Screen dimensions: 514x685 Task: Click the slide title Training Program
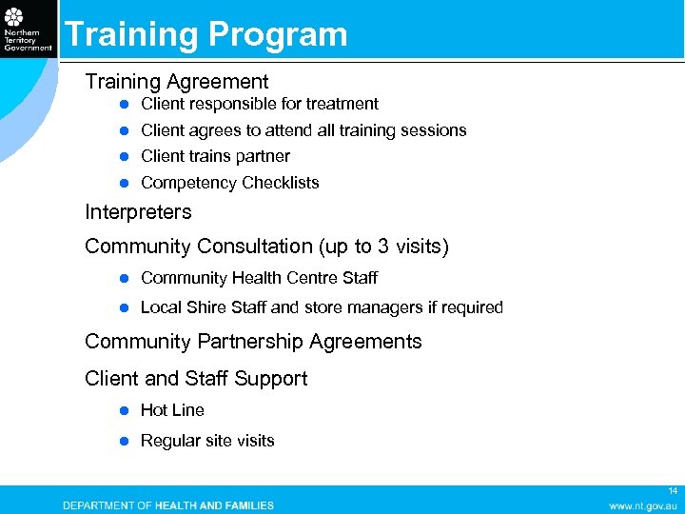[x=205, y=34]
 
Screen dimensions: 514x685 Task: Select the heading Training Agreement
[x=177, y=82]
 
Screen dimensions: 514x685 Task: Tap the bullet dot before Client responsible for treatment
[x=123, y=104]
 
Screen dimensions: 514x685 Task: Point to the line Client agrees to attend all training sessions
[x=303, y=130]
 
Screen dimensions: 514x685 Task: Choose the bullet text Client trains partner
[x=215, y=156]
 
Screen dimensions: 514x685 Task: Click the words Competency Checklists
[x=229, y=183]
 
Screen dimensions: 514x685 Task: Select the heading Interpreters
[x=138, y=212]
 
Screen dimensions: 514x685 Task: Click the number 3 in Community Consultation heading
[x=382, y=247]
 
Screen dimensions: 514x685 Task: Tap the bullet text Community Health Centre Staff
[x=259, y=278]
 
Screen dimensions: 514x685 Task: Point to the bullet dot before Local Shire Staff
[x=123, y=307]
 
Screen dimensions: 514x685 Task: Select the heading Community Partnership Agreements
[x=253, y=341]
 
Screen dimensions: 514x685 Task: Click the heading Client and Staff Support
[x=196, y=379]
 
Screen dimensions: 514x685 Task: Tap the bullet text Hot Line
[x=172, y=410]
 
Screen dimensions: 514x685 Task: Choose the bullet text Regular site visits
[x=207, y=441]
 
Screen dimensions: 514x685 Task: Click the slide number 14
[x=672, y=490]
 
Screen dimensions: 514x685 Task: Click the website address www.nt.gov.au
[x=643, y=505]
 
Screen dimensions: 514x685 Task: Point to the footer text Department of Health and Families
[x=168, y=505]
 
